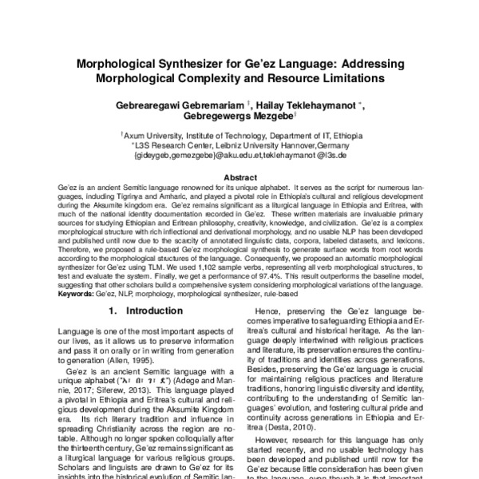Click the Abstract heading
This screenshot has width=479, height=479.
pos(239,177)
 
